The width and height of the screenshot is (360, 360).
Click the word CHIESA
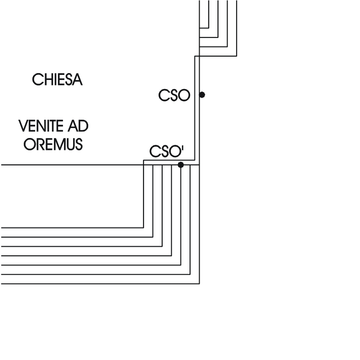tap(57, 79)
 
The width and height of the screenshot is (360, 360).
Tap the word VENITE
tap(41, 126)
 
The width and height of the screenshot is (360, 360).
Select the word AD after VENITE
tap(78, 126)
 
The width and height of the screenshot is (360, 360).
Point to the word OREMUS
tap(53, 144)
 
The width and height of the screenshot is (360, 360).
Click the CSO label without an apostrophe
tap(174, 95)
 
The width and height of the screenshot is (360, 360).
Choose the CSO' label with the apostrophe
tap(166, 151)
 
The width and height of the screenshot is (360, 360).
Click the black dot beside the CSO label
tap(202, 95)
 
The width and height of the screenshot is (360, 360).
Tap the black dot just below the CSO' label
tap(181, 165)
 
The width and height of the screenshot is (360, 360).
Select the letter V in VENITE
tap(22, 126)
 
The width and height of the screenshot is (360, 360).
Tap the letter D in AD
tap(84, 126)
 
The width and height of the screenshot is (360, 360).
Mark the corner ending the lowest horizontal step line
tap(199, 284)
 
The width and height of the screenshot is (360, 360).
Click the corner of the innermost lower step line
tap(143, 228)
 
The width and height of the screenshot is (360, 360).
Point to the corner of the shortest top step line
tap(209, 28)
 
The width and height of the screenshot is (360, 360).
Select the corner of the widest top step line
tap(237, 56)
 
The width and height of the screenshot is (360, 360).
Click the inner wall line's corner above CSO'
tap(195, 160)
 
